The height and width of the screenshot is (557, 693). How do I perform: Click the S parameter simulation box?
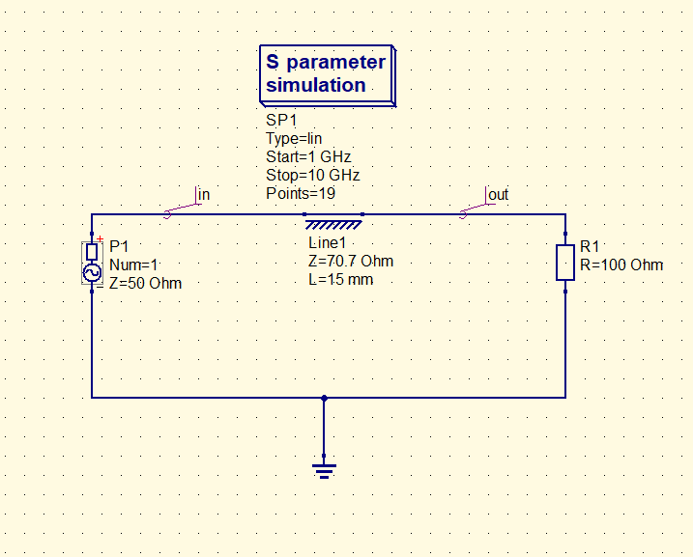tap(328, 75)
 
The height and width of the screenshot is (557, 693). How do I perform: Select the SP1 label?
tap(281, 120)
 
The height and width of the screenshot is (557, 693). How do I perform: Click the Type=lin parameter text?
tap(294, 139)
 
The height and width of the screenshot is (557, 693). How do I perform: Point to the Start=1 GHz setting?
tap(308, 156)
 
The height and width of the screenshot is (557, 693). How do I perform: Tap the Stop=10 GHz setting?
tap(313, 176)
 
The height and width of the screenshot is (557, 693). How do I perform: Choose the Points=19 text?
tap(301, 193)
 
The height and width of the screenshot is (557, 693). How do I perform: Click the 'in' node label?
tap(204, 195)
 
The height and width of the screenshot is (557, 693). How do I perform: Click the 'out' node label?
tap(499, 195)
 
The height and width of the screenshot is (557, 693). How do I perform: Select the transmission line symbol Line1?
tap(333, 220)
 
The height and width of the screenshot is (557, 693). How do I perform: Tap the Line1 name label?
tap(327, 242)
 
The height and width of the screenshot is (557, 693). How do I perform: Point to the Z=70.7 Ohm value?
tap(351, 262)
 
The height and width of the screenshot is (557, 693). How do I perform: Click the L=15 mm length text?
tap(341, 280)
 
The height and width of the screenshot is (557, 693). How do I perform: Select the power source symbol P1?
tap(92, 263)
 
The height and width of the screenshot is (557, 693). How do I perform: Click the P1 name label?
tap(119, 246)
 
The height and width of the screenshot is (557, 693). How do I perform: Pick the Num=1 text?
tap(133, 265)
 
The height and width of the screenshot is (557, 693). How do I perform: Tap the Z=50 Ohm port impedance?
tap(145, 284)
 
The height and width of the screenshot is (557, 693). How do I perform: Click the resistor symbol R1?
tap(565, 263)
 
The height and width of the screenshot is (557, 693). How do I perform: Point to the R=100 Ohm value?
tap(621, 265)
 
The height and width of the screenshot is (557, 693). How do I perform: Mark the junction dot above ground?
tap(324, 398)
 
